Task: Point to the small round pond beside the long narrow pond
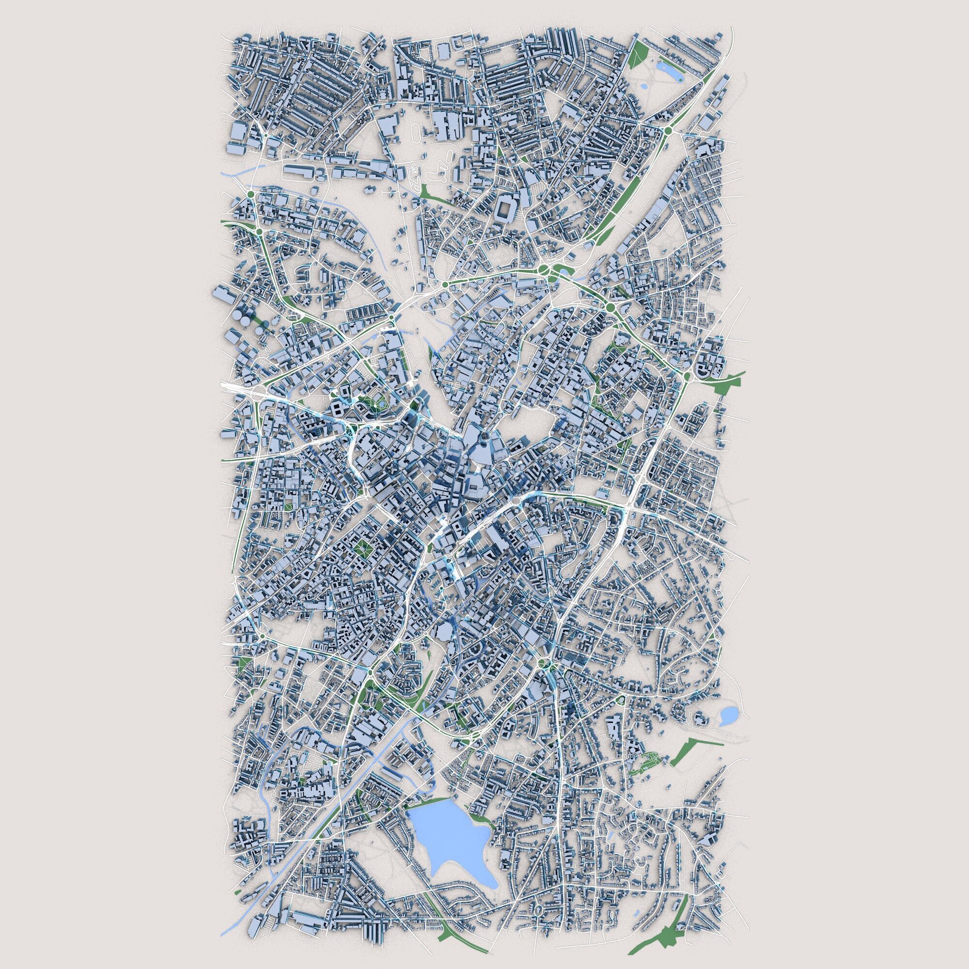click(643, 87)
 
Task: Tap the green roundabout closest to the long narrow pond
click(668, 132)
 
